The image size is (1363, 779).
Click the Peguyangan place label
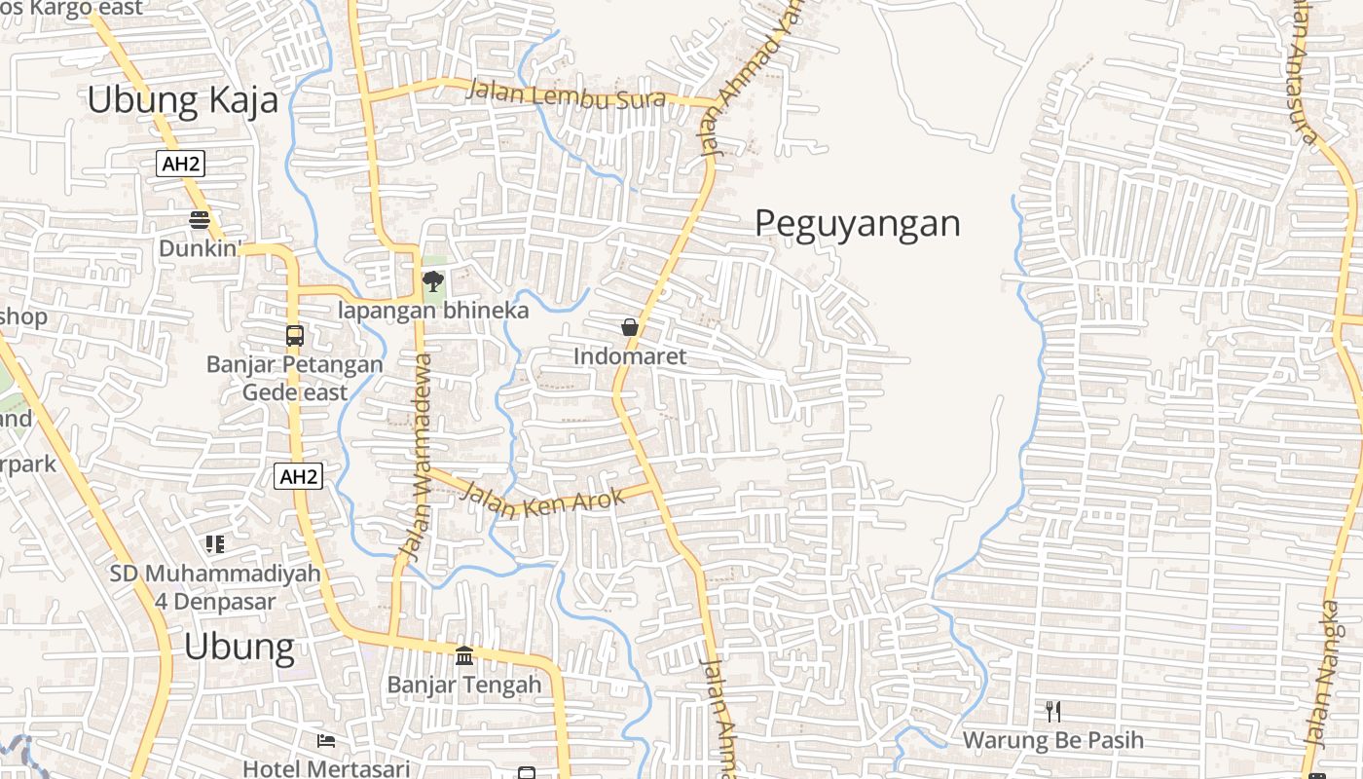click(x=858, y=224)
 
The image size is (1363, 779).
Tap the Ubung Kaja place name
click(x=182, y=100)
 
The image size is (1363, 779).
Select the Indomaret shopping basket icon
click(x=630, y=327)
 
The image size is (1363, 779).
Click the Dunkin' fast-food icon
click(x=200, y=220)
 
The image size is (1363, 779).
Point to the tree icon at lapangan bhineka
click(x=432, y=282)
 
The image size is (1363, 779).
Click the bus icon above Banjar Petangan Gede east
click(x=294, y=336)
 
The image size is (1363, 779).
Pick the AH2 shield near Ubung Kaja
click(x=181, y=164)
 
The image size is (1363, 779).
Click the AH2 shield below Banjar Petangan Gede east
click(x=299, y=476)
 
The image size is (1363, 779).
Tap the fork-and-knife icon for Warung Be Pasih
click(x=1052, y=712)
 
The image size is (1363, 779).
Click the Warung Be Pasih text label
click(x=1052, y=740)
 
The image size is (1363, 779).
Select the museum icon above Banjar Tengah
click(x=464, y=655)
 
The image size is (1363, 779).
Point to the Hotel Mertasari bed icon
click(x=326, y=741)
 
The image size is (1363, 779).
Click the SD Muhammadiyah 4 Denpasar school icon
click(x=215, y=544)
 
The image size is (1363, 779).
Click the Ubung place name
click(x=239, y=647)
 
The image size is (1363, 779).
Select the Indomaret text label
click(x=629, y=356)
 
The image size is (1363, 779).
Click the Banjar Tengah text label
click(x=464, y=685)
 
